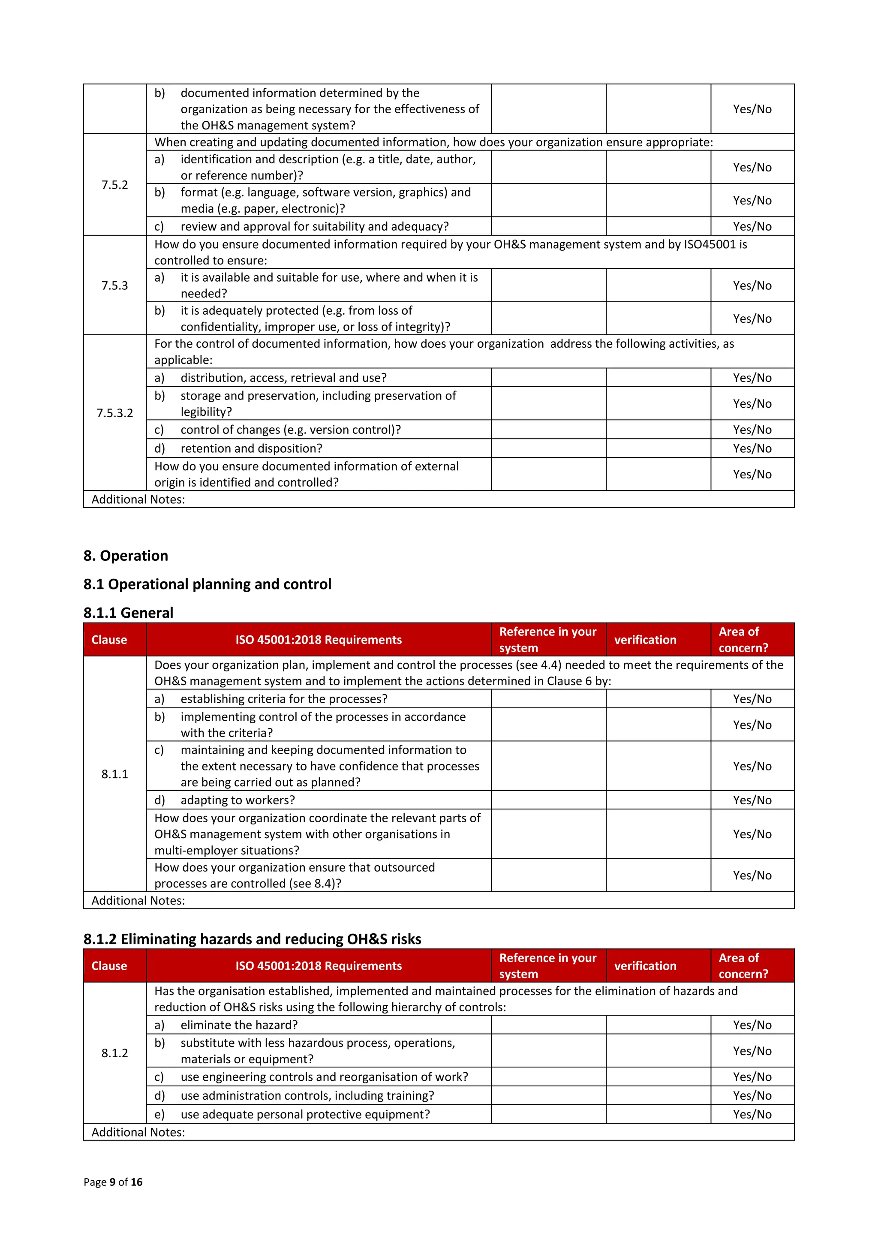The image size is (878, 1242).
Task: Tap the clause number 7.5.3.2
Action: [115, 413]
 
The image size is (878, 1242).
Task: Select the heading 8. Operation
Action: [126, 556]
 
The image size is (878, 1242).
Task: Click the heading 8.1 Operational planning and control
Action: [207, 584]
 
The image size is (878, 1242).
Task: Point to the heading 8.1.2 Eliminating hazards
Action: [252, 938]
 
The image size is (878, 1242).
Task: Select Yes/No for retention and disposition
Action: [752, 448]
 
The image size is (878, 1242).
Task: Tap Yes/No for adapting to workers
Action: [752, 800]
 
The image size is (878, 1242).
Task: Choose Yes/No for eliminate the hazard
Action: [752, 1025]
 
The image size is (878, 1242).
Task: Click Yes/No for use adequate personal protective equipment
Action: [752, 1114]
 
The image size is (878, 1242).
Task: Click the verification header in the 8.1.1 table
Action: [645, 640]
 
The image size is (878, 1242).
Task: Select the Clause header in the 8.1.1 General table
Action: [109, 640]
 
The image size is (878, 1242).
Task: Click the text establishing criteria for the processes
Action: [283, 699]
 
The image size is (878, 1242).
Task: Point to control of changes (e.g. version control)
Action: [291, 430]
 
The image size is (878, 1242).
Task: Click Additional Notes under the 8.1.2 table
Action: [138, 1132]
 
